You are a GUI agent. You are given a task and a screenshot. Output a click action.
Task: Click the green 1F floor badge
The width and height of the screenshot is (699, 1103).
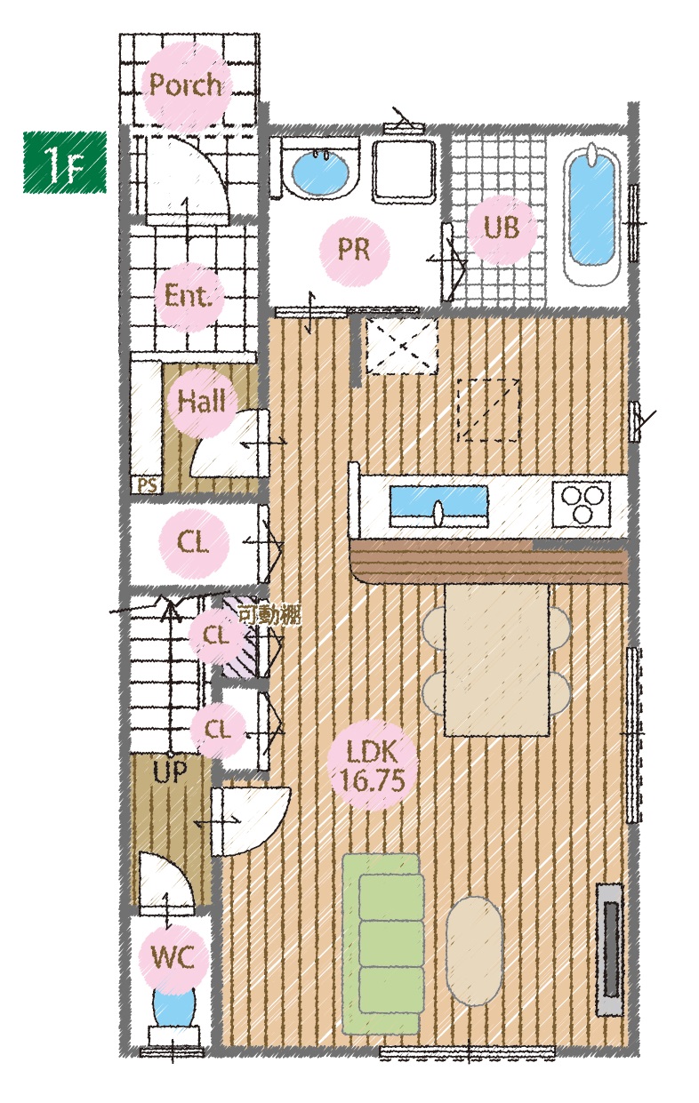click(65, 162)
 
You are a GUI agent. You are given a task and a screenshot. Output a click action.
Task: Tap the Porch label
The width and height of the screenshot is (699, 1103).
click(186, 84)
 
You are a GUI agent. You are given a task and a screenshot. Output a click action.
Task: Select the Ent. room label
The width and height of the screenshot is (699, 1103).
click(188, 297)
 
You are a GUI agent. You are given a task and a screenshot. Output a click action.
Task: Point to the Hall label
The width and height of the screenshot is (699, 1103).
click(202, 401)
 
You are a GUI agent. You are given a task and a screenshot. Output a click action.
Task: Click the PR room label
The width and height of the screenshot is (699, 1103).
click(354, 249)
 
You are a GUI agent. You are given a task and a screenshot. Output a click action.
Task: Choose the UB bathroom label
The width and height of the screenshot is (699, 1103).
click(502, 228)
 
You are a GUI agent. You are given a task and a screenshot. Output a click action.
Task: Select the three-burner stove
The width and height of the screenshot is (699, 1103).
click(582, 504)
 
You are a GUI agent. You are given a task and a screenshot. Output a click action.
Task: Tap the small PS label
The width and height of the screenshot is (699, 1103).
click(148, 485)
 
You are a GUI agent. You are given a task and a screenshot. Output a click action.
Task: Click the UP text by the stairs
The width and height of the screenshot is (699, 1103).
click(170, 772)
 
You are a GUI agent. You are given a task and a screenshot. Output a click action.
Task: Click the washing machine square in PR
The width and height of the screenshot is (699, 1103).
click(404, 171)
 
